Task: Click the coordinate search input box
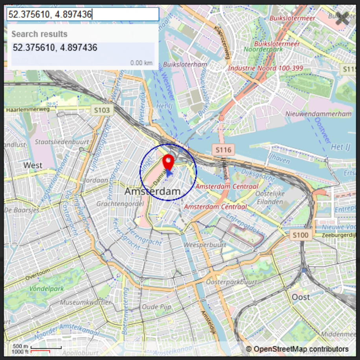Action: click(x=83, y=15)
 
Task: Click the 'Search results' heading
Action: click(x=39, y=34)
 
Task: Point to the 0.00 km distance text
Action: click(x=141, y=63)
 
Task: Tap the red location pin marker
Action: click(x=169, y=162)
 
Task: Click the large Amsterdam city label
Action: click(x=152, y=192)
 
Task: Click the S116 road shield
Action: click(x=223, y=149)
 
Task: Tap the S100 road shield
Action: click(x=301, y=235)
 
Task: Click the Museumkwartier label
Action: click(x=86, y=303)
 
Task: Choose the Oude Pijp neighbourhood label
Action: click(x=156, y=307)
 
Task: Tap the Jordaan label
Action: click(x=96, y=180)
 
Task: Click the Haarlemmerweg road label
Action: click(x=28, y=110)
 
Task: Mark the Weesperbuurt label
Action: click(x=205, y=245)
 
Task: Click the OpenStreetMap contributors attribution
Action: click(x=297, y=349)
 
